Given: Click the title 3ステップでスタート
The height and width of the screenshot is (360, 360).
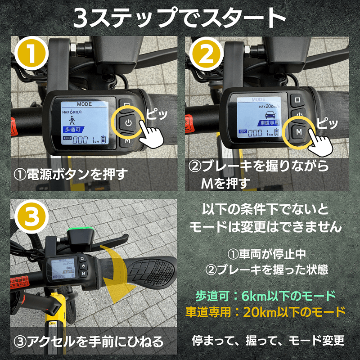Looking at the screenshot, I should click(180, 18).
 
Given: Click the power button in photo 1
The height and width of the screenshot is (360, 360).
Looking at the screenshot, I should click(128, 122).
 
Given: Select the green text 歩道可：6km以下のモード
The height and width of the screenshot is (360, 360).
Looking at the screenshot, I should click(265, 296).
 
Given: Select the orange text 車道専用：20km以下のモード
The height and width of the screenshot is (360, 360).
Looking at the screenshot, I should click(265, 311).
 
